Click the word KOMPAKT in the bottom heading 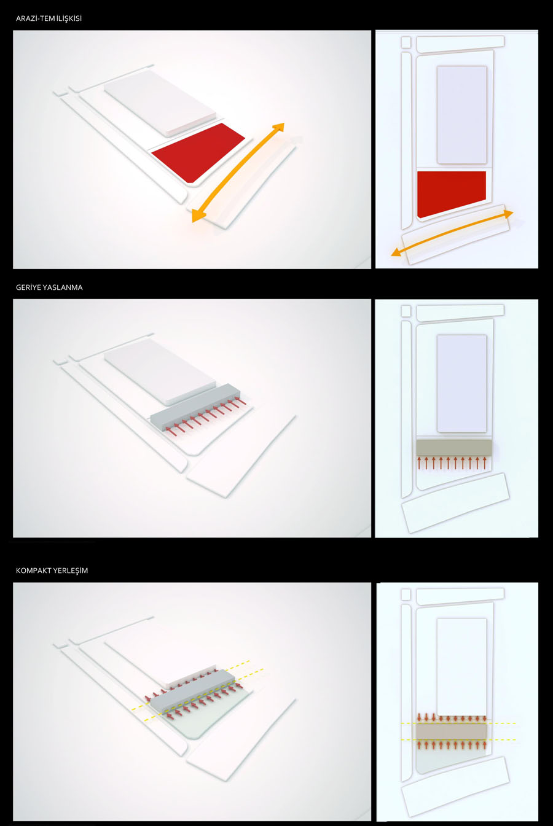(x=33, y=571)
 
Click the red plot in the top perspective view (x=198, y=153)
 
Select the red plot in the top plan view (x=451, y=193)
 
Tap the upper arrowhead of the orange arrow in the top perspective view (x=280, y=127)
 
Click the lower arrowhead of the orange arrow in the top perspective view (x=197, y=217)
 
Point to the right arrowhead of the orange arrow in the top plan (x=509, y=213)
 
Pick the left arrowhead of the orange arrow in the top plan (x=396, y=252)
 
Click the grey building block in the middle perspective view (x=195, y=407)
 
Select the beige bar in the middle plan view (x=454, y=447)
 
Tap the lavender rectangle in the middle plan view (x=462, y=383)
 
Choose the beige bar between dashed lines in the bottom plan (x=451, y=731)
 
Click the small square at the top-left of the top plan (x=406, y=42)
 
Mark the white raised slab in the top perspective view (x=159, y=103)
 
